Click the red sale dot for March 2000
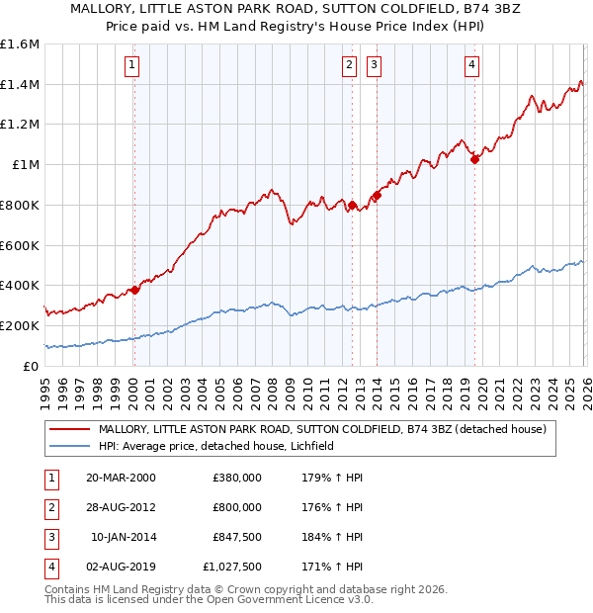134,290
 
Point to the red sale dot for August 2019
474,159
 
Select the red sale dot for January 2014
377,196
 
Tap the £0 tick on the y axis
31,366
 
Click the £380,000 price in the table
236,478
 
